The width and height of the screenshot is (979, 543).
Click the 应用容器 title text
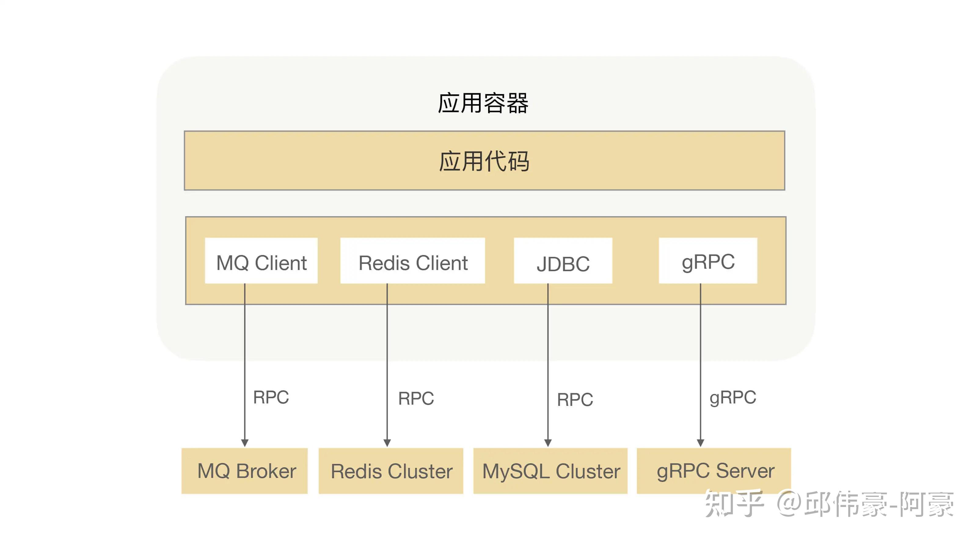483,103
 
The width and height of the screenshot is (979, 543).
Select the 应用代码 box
484,160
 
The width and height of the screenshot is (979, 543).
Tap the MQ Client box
261,261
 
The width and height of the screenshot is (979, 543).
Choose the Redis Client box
412,261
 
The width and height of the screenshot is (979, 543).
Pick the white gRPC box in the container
708,261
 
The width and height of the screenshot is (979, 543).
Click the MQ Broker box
244,471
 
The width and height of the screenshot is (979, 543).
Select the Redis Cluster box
391,471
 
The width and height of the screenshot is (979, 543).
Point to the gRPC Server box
714,471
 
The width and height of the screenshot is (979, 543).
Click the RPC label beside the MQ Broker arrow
271,397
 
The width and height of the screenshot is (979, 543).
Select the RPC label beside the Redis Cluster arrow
416,398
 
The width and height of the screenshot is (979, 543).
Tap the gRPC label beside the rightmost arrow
733,397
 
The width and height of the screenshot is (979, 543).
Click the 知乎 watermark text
733,504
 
